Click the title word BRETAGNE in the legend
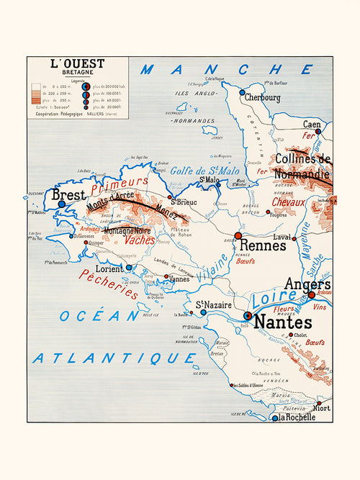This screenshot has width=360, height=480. pyautogui.click(x=77, y=73)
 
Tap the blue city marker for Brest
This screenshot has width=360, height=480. pyautogui.click(x=61, y=204)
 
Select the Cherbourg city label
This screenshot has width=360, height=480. pyautogui.click(x=262, y=97)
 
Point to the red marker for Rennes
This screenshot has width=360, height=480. pyautogui.click(x=238, y=235)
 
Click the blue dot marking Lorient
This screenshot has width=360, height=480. pyautogui.click(x=129, y=267)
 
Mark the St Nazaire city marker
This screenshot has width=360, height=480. pyautogui.click(x=203, y=312)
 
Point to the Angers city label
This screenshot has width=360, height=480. pyautogui.click(x=307, y=284)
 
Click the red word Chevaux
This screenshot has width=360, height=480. pyautogui.click(x=288, y=202)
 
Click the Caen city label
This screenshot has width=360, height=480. pyautogui.click(x=311, y=124)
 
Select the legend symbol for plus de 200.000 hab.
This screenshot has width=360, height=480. pyautogui.click(x=86, y=87)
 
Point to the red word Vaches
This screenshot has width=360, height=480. pyautogui.click(x=140, y=240)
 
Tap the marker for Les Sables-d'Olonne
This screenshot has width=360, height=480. pyautogui.click(x=232, y=385)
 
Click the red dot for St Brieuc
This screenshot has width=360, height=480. pyautogui.click(x=170, y=196)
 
